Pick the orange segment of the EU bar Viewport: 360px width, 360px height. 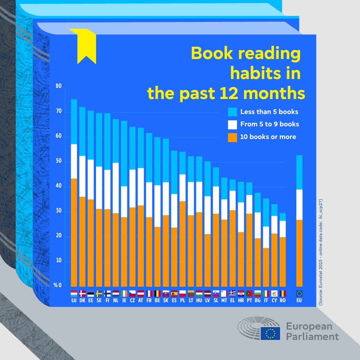pyautogui.click(x=300, y=253)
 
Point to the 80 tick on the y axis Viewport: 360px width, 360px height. pyautogui.click(x=59, y=86)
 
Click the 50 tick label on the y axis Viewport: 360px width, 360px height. pyautogui.click(x=59, y=161)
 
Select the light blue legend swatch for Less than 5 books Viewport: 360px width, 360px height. pyautogui.click(x=232, y=112)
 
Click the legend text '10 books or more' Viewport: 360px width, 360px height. pyautogui.click(x=268, y=137)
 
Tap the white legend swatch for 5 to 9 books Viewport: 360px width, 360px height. pyautogui.click(x=232, y=124)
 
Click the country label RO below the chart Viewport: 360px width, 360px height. pyautogui.click(x=283, y=300)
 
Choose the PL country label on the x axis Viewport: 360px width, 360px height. pyautogui.click(x=182, y=300)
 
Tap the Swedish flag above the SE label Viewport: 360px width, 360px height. pyautogui.click(x=99, y=294)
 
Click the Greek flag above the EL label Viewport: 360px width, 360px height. pyautogui.click(x=232, y=294)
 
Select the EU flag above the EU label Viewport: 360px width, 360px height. pyautogui.click(x=300, y=294)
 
